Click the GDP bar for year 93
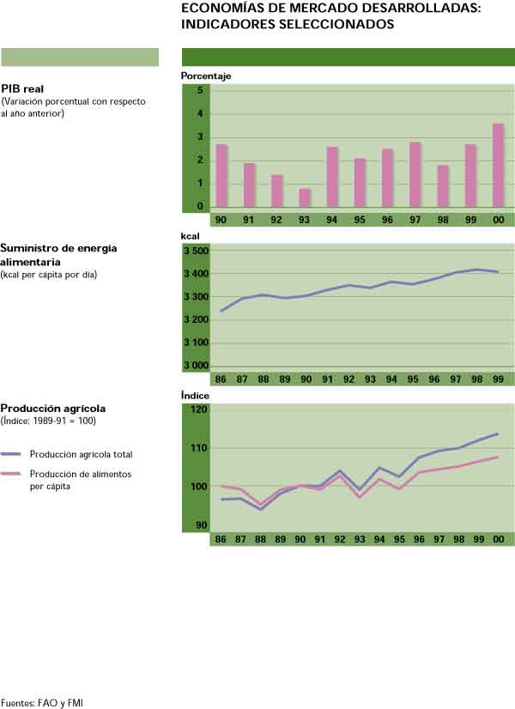click(x=305, y=198)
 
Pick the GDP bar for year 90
click(x=221, y=176)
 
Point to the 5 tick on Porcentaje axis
click(x=199, y=90)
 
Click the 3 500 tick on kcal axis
click(x=197, y=251)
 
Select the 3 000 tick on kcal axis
click(x=197, y=366)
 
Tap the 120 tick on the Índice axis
click(x=198, y=409)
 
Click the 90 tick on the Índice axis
click(x=200, y=524)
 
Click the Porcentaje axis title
click(x=206, y=76)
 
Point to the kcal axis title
click(x=190, y=234)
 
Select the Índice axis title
click(x=195, y=396)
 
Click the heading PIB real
click(x=22, y=88)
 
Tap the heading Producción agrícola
click(x=53, y=409)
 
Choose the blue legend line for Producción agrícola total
click(x=11, y=454)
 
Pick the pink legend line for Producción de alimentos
click(x=11, y=473)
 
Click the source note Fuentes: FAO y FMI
click(x=42, y=702)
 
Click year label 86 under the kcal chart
click(x=221, y=379)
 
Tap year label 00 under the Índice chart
click(x=498, y=538)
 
